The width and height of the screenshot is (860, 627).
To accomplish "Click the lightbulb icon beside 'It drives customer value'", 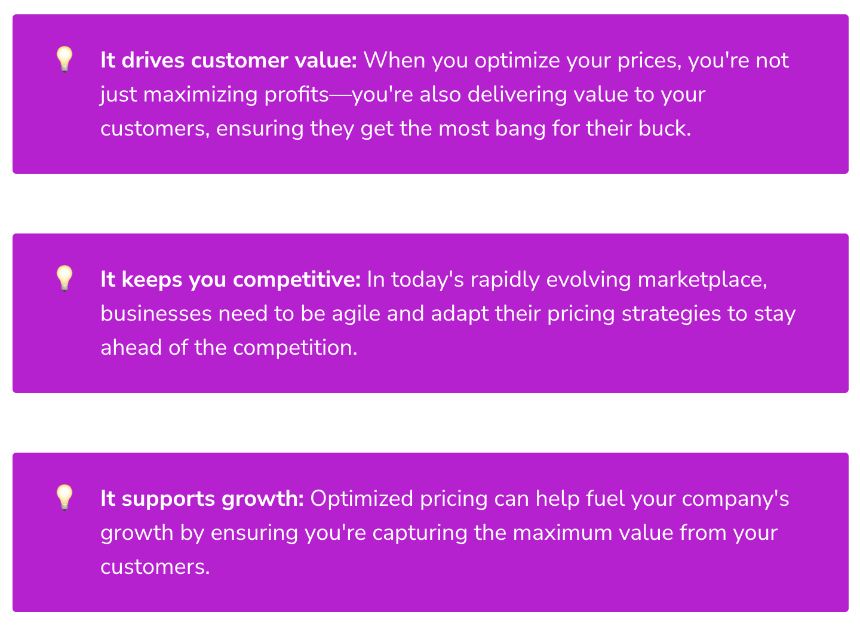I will (x=64, y=59).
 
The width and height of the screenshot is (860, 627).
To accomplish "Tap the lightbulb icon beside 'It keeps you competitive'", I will (x=64, y=278).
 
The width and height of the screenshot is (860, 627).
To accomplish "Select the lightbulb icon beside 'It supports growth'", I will (x=64, y=497).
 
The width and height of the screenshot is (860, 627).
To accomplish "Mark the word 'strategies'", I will (x=671, y=314).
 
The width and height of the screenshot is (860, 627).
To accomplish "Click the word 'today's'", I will (x=428, y=279).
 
